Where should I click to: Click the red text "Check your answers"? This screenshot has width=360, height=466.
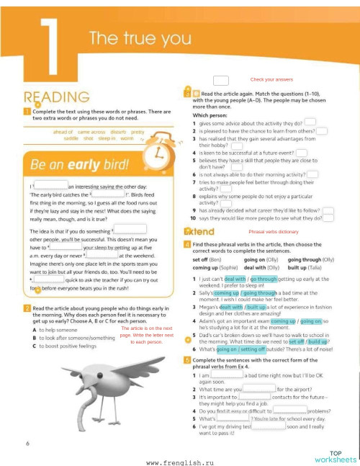271,79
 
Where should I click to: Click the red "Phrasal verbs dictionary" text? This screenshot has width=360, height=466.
273,232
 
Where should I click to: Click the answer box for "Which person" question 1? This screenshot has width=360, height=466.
309,122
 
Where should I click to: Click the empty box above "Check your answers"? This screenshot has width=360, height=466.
220,80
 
